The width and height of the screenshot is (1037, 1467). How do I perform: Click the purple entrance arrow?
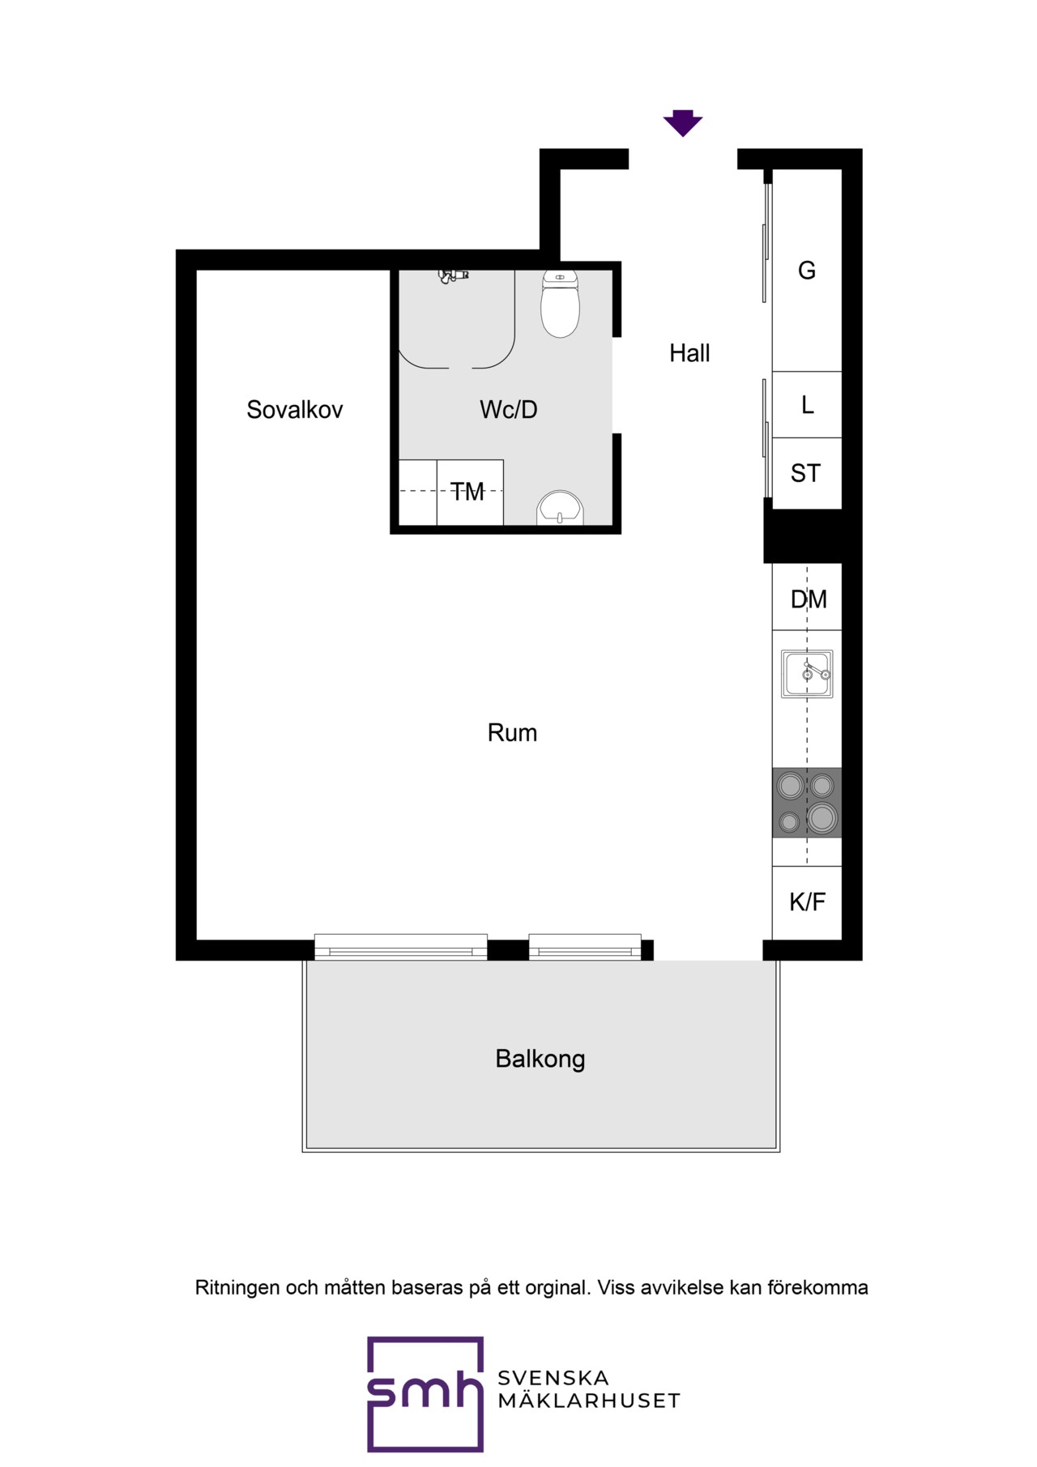pyautogui.click(x=683, y=122)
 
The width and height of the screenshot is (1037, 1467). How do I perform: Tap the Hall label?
pyautogui.click(x=689, y=353)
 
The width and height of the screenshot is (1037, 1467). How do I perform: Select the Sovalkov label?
pyautogui.click(x=295, y=410)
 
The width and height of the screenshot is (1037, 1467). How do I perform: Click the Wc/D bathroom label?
pyautogui.click(x=509, y=410)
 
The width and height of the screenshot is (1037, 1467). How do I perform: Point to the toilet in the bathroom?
pyautogui.click(x=560, y=303)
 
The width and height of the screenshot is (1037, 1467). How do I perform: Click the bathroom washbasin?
pyautogui.click(x=560, y=508)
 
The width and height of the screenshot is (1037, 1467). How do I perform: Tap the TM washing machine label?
pyautogui.click(x=467, y=492)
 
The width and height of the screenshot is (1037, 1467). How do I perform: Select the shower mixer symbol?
pyautogui.click(x=454, y=276)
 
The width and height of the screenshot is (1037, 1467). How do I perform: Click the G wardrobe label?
pyautogui.click(x=807, y=271)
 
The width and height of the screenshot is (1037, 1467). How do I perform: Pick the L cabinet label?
pyautogui.click(x=808, y=405)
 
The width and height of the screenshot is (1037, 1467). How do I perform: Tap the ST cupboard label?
pyautogui.click(x=806, y=473)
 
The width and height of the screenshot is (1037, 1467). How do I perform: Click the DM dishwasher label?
pyautogui.click(x=809, y=599)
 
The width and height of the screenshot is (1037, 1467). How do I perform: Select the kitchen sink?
pyautogui.click(x=807, y=674)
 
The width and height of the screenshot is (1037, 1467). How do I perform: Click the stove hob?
pyautogui.click(x=807, y=803)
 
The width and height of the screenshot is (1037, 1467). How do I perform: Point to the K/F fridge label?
pyautogui.click(x=808, y=902)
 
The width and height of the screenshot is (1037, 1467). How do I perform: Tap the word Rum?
pyautogui.click(x=512, y=733)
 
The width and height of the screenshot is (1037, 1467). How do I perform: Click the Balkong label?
pyautogui.click(x=540, y=1059)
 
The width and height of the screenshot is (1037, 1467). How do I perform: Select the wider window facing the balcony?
pyautogui.click(x=401, y=947)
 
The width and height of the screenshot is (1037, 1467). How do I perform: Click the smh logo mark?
pyautogui.click(x=425, y=1394)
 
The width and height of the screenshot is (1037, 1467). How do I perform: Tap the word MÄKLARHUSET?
pyautogui.click(x=589, y=1401)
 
